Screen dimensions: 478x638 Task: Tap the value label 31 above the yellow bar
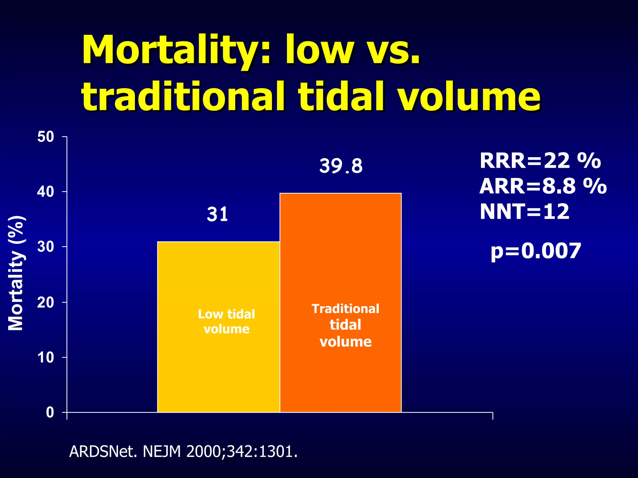click(217, 215)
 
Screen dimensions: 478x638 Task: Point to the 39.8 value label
click(341, 166)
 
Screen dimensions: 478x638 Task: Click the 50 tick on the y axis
click(45, 137)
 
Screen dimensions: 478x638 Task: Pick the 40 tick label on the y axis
click(45, 192)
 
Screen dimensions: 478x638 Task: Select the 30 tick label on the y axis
click(45, 247)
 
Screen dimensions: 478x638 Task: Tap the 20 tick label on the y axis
click(45, 302)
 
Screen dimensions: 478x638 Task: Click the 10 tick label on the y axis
click(45, 358)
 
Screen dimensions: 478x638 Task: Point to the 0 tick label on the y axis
click(50, 413)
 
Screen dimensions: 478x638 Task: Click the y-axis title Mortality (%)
click(16, 273)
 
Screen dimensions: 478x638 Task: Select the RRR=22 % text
click(540, 161)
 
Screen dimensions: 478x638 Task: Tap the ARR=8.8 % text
click(543, 186)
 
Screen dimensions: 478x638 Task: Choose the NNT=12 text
click(525, 212)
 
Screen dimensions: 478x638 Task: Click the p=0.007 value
click(536, 251)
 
